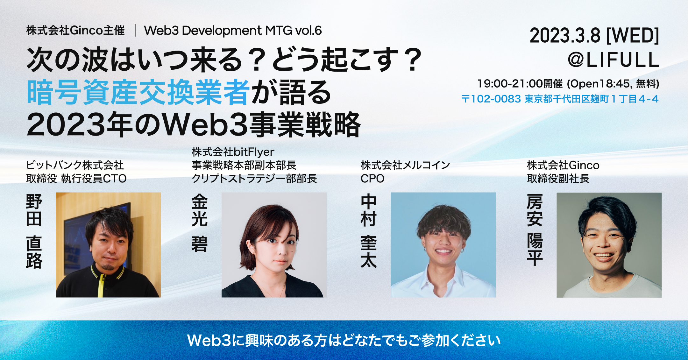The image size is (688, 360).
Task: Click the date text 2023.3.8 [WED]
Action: click(x=594, y=36)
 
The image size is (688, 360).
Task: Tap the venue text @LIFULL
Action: click(x=613, y=60)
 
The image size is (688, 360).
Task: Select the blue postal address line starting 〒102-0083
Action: click(x=560, y=99)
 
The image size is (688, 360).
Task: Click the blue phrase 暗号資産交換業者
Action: click(x=138, y=92)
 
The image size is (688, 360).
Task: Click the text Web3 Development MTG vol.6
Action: click(x=233, y=31)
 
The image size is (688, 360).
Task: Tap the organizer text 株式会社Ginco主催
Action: click(x=75, y=31)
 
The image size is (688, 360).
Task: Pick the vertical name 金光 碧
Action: click(x=199, y=223)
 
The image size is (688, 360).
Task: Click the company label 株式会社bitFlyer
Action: click(x=233, y=152)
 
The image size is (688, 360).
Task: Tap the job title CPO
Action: click(x=372, y=179)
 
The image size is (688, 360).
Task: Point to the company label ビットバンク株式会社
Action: click(x=75, y=165)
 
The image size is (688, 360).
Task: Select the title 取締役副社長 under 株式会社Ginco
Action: click(x=558, y=179)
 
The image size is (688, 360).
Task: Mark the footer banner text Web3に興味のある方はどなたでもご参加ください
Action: click(x=344, y=340)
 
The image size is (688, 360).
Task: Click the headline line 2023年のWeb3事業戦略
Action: click(x=193, y=125)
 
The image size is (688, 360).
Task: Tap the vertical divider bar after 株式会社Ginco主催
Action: click(x=135, y=31)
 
